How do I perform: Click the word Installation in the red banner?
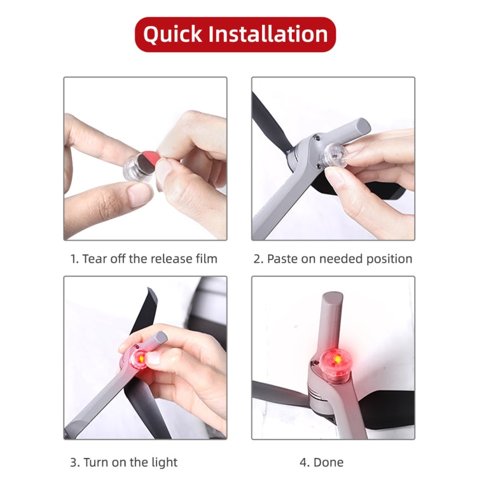tap(268, 34)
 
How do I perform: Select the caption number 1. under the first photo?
tap(74, 259)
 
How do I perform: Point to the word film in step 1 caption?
tap(203, 259)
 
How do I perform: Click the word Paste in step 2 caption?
tap(281, 259)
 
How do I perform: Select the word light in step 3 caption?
tap(163, 462)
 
